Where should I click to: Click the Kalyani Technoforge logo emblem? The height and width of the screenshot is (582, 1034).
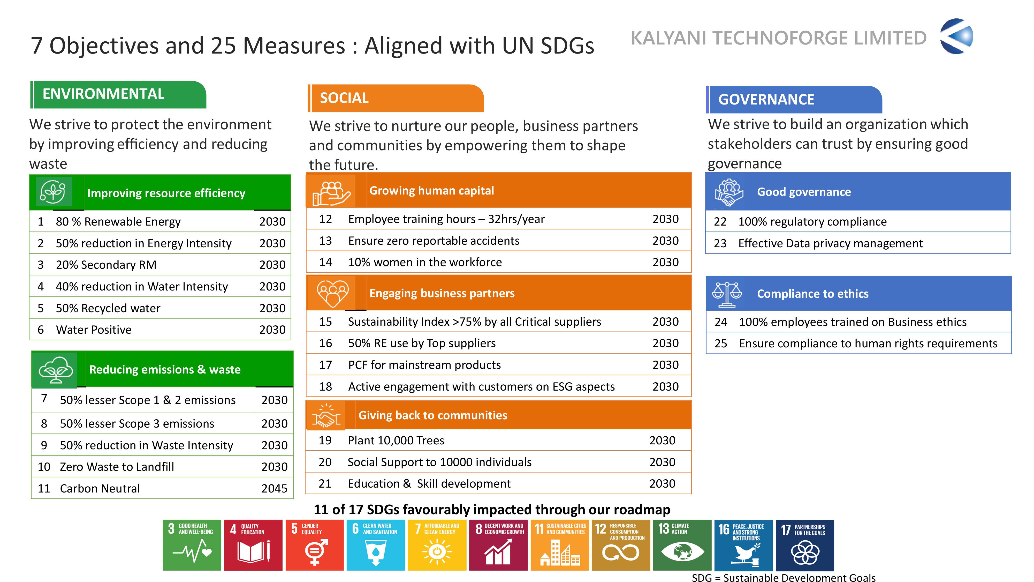click(956, 36)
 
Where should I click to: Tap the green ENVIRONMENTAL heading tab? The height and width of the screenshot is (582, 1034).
click(118, 95)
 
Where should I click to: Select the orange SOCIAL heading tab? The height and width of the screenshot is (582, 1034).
click(396, 98)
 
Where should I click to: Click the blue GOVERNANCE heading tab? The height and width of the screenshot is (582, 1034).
click(794, 100)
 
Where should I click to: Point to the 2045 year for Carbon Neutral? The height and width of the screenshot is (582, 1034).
click(275, 488)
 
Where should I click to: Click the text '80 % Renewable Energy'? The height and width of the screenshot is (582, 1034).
click(118, 222)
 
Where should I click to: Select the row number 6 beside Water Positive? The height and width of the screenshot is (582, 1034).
click(41, 330)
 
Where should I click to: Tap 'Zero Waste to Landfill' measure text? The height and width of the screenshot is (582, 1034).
click(117, 467)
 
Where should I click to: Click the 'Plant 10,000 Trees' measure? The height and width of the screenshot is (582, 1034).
click(396, 441)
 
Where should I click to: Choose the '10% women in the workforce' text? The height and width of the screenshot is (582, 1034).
click(425, 262)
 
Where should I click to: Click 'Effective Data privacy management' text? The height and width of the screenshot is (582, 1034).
click(831, 243)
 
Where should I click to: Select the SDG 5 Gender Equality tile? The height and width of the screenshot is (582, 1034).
click(315, 545)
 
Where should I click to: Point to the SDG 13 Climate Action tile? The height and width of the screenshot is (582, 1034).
click(682, 545)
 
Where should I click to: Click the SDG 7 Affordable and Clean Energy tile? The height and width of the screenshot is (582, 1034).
click(437, 545)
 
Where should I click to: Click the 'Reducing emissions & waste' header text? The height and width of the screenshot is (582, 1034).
click(165, 370)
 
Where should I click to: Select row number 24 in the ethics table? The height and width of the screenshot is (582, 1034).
click(721, 322)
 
